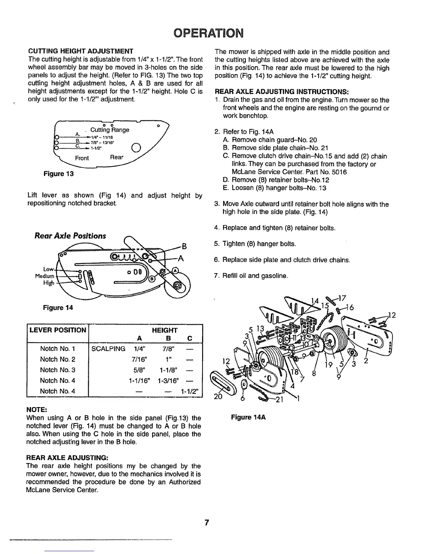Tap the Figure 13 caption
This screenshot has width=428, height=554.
tap(58, 173)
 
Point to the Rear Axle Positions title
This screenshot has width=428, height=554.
tap(70, 236)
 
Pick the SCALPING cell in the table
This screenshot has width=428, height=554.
tap(108, 349)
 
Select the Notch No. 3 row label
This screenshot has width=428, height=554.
tap(58, 370)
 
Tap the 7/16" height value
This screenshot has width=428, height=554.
tap(139, 359)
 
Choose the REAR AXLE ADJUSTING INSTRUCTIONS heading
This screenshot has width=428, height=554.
tap(281, 92)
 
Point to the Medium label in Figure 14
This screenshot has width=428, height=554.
tap(44, 276)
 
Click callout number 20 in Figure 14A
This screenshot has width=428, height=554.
tap(219, 397)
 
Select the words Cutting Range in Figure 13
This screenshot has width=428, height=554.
tap(109, 130)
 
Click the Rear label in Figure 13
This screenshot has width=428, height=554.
tap(117, 157)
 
